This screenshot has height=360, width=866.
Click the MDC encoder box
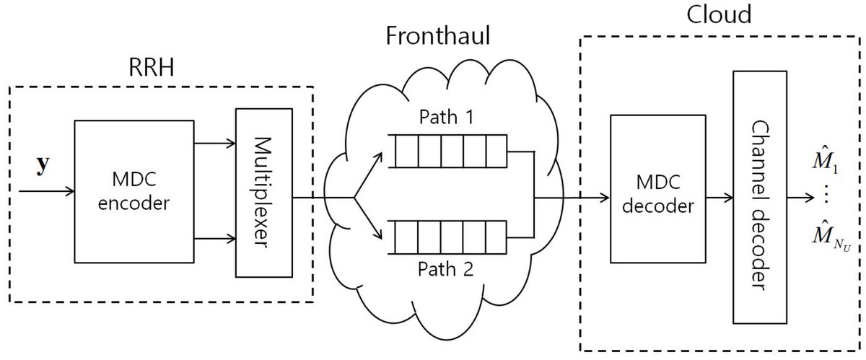[136, 193]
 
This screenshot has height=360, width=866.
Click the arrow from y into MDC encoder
[47, 192]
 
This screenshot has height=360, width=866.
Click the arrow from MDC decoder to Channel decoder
[717, 195]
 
